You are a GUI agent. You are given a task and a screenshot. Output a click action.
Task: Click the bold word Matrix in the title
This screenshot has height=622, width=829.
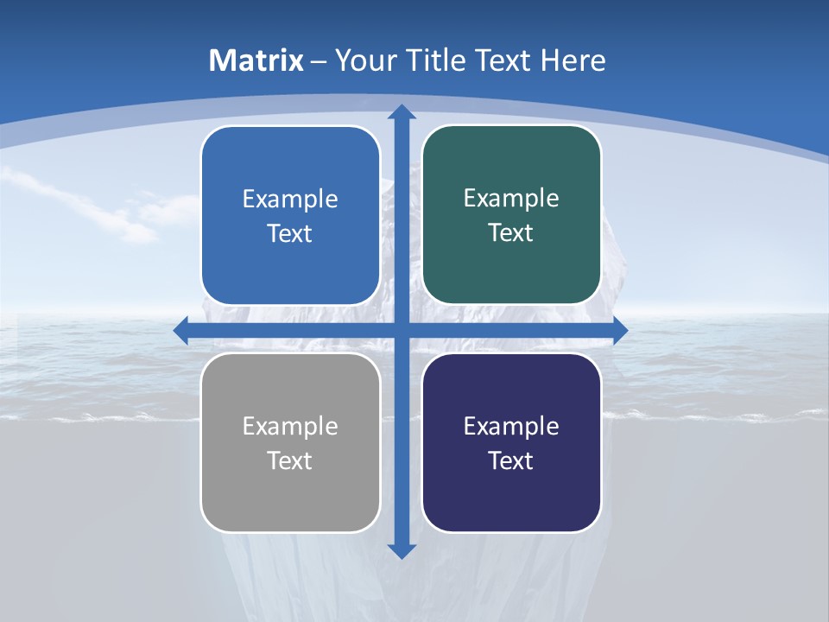256,60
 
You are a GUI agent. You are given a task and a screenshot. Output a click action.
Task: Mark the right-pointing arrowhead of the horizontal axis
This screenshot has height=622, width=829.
619,330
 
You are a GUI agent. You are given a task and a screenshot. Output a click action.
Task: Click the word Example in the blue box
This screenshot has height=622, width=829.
290,200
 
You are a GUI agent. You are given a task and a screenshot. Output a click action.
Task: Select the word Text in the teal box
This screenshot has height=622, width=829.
511,233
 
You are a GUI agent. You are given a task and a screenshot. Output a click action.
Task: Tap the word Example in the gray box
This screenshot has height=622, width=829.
290,427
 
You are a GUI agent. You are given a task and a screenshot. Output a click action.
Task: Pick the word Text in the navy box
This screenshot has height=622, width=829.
511,461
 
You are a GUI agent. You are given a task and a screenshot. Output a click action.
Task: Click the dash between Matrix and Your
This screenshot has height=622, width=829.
319,61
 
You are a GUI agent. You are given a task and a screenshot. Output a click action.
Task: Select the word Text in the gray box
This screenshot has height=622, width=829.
290,461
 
